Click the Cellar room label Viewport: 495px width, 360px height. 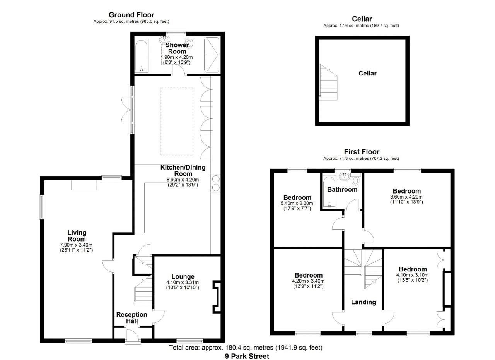tap(367, 73)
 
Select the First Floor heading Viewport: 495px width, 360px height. tap(362, 152)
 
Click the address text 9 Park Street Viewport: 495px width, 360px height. tap(247, 356)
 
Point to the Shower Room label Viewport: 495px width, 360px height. tap(177, 48)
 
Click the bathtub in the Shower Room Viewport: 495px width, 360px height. tap(141, 55)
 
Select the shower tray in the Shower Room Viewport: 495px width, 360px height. tap(212, 55)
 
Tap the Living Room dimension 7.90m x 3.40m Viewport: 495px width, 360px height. tap(77, 245)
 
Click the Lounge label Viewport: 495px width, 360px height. tap(183, 277)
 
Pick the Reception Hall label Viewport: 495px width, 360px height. tap(132, 317)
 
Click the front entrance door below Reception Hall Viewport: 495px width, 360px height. tap(133, 336)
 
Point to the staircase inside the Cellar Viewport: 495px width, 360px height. tap(328, 82)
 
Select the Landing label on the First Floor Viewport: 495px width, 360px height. tap(363, 302)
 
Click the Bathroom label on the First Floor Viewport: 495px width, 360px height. tap(342, 189)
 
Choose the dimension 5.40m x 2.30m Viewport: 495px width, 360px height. tap(297, 204)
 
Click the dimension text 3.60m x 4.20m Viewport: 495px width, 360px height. tap(407, 197)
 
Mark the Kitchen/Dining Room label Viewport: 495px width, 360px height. tap(183, 171)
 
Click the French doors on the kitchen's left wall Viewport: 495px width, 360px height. tap(127, 110)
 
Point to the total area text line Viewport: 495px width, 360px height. tap(246, 348)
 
